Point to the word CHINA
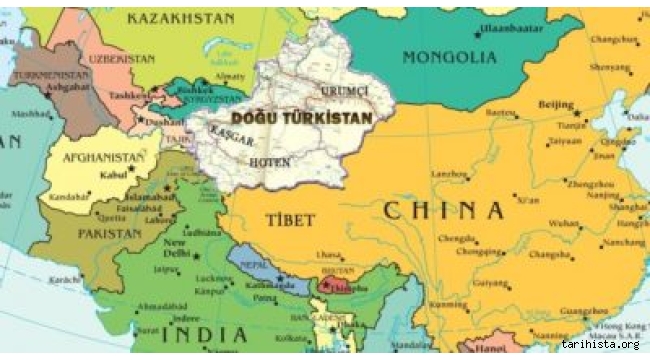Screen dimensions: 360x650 [444, 210]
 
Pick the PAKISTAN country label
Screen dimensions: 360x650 [109, 233]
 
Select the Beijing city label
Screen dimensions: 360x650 [556, 104]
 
